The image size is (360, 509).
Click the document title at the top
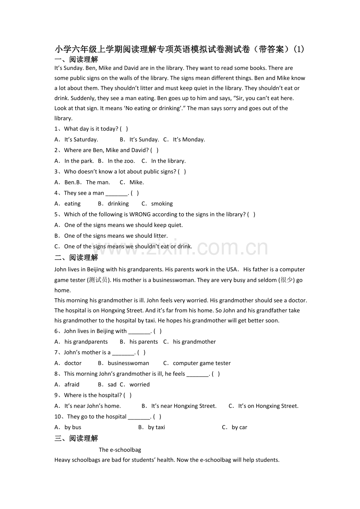pyautogui.click(x=180, y=49)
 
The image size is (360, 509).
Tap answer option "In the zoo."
pyautogui.click(x=121, y=161)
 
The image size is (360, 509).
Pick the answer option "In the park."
pyautogui.click(x=79, y=161)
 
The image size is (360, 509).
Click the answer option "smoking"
pyautogui.click(x=162, y=204)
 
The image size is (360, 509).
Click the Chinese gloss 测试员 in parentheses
pyautogui.click(x=98, y=280)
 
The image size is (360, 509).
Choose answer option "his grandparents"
pyautogui.click(x=86, y=342)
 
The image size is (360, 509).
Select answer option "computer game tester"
pyautogui.click(x=202, y=363)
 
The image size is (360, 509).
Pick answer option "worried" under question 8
pyautogui.click(x=139, y=385)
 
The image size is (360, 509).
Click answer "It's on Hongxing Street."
pyautogui.click(x=268, y=406)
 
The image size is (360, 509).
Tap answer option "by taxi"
pyautogui.click(x=156, y=427)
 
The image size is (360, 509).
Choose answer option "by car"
pyautogui.click(x=239, y=427)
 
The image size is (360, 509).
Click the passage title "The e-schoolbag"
pyautogui.click(x=120, y=450)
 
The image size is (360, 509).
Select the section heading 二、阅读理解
pyautogui.click(x=76, y=258)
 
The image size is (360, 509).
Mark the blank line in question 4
pyautogui.click(x=117, y=193)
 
